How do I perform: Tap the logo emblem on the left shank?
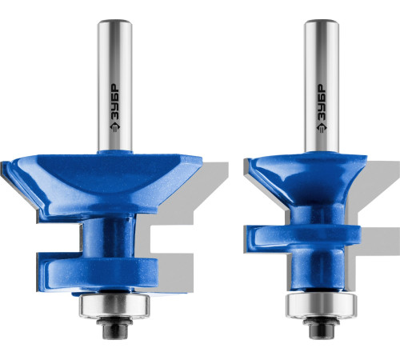115,126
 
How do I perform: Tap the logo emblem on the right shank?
322,126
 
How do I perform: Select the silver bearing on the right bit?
321,305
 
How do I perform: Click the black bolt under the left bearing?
114,327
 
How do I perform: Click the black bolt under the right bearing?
321,327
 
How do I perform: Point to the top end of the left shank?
115,21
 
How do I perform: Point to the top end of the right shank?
322,21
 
